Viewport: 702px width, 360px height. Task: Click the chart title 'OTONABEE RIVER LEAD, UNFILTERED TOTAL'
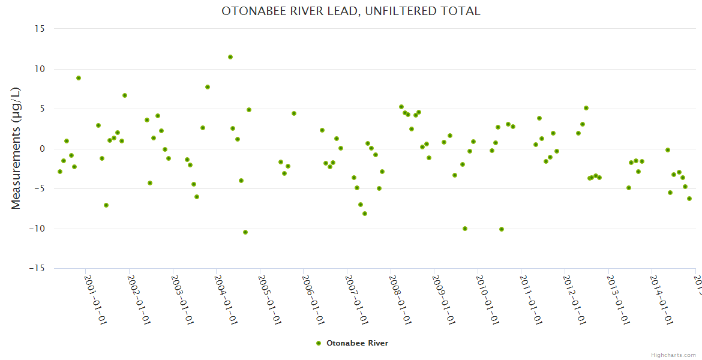[350, 11]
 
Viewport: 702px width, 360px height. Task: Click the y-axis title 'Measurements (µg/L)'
[16, 148]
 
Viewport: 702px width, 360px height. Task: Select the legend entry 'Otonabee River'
[353, 343]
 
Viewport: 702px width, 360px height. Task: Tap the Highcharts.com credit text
[673, 355]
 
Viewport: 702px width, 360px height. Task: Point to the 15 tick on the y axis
[40, 29]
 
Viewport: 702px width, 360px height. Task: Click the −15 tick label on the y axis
[37, 268]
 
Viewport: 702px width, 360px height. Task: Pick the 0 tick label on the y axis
[43, 149]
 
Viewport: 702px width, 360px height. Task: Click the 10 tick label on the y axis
[40, 69]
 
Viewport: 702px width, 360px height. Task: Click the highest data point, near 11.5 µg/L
[230, 57]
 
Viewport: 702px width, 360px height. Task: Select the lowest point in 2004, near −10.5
[245, 232]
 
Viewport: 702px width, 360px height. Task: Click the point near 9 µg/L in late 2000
[79, 78]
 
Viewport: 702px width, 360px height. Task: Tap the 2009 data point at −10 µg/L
[465, 229]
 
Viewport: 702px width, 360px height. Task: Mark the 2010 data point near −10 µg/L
[502, 229]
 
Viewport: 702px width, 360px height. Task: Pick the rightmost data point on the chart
[689, 199]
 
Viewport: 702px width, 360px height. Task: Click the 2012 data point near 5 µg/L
[586, 108]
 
